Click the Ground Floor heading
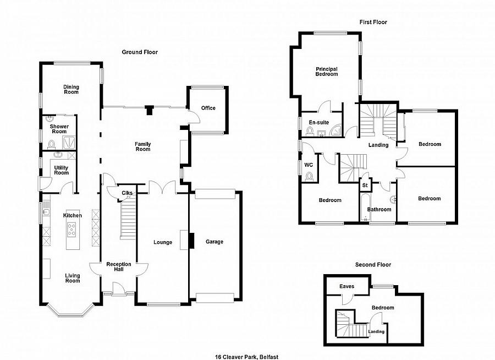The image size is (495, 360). [140, 52]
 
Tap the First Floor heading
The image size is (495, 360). [373, 22]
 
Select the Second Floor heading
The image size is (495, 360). [373, 265]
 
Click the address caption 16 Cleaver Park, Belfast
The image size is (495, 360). [247, 357]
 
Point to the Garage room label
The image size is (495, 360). [215, 242]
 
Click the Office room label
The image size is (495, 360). [208, 108]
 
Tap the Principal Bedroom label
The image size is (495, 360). [327, 72]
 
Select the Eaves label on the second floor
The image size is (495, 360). [346, 286]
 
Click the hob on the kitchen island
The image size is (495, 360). [71, 230]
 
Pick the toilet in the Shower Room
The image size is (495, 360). [51, 144]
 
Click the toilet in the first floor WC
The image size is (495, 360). [309, 176]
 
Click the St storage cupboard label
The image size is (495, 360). [365, 185]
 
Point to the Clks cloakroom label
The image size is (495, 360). [127, 193]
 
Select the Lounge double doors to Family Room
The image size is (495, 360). [162, 187]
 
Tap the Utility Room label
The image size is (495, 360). [61, 170]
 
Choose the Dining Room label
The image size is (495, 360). [71, 89]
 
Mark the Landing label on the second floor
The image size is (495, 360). [376, 331]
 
